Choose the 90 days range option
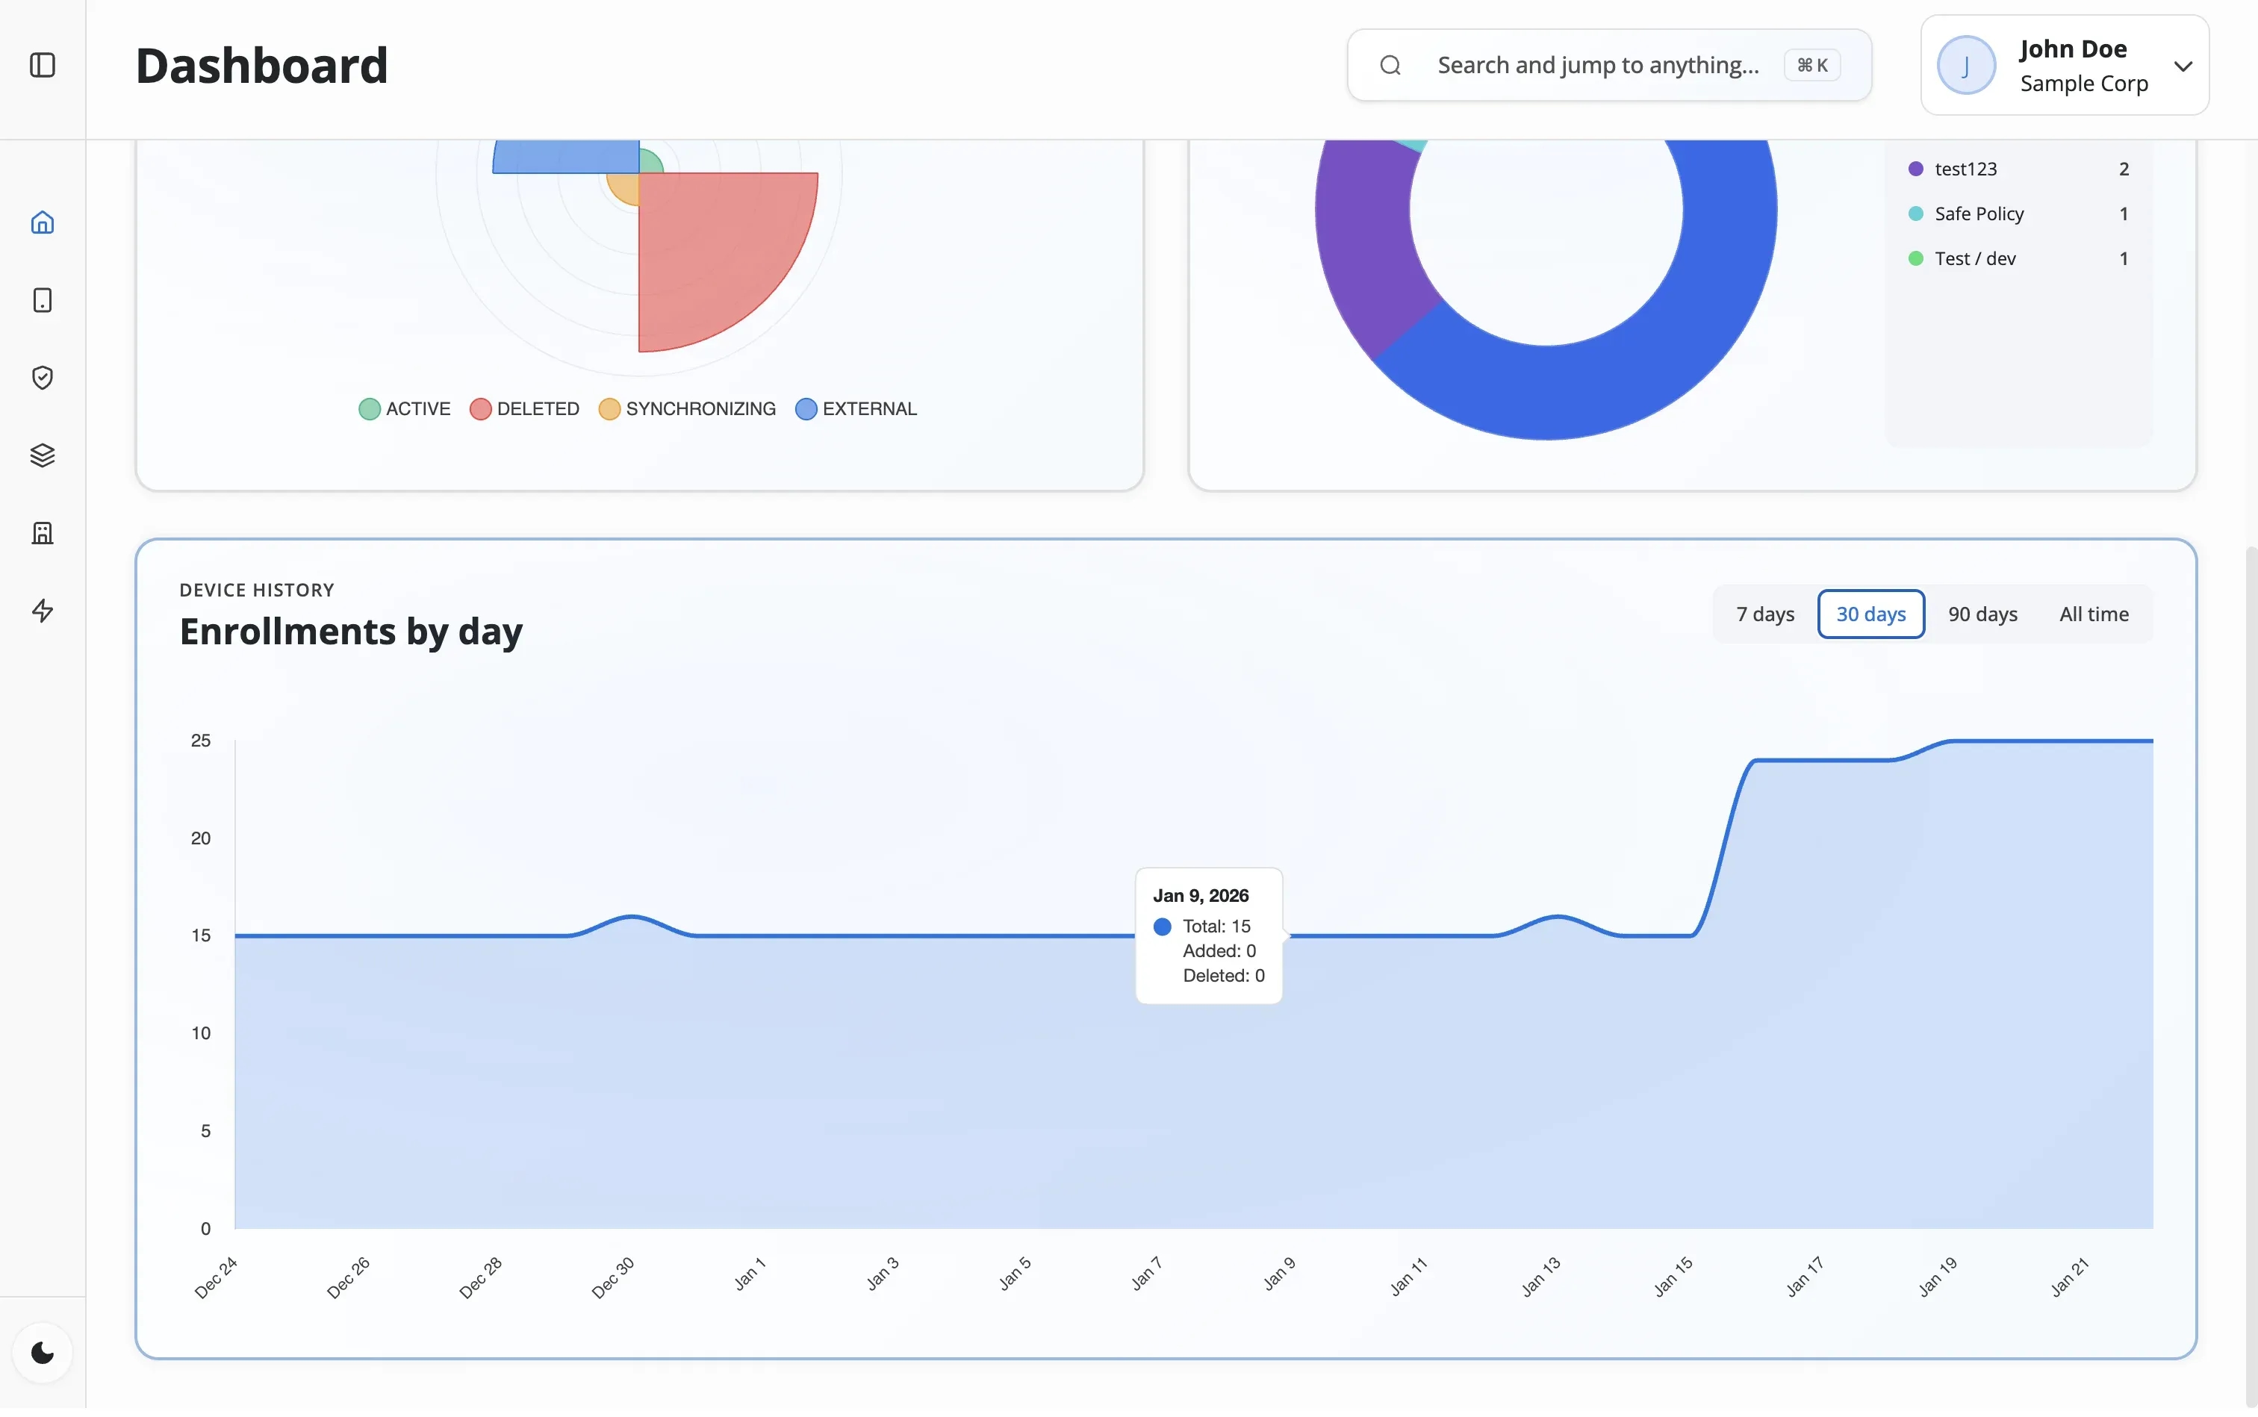pyautogui.click(x=1982, y=614)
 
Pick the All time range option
pyautogui.click(x=2093, y=614)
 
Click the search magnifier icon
pyautogui.click(x=1390, y=65)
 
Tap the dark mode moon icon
pyautogui.click(x=42, y=1352)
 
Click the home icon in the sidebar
pyautogui.click(x=42, y=222)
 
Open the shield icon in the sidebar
pyautogui.click(x=42, y=377)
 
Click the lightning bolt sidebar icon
pyautogui.click(x=42, y=611)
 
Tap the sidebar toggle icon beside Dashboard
pyautogui.click(x=42, y=65)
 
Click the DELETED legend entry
pyautogui.click(x=524, y=408)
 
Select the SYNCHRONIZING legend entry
pyautogui.click(x=687, y=408)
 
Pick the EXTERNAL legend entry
pyautogui.click(x=856, y=408)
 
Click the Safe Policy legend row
pyautogui.click(x=1978, y=214)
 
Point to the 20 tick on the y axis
pyautogui.click(x=201, y=838)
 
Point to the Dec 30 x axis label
pyautogui.click(x=613, y=1277)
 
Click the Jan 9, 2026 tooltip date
pyautogui.click(x=1200, y=896)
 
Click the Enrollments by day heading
pyautogui.click(x=350, y=632)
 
